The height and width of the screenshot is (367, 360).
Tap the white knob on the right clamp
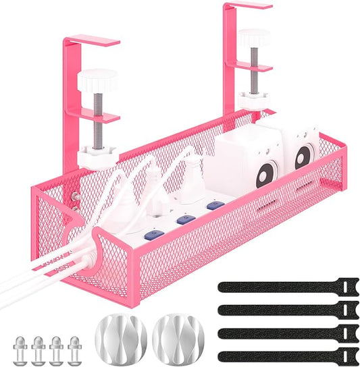pyautogui.click(x=253, y=38)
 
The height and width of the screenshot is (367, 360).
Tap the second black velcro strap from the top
pyautogui.click(x=288, y=310)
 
